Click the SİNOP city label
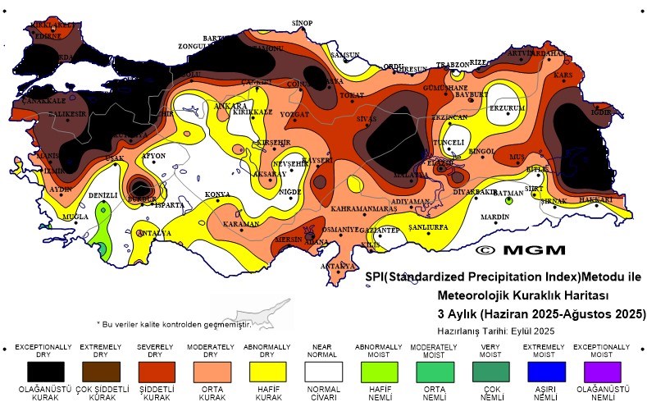[303, 22]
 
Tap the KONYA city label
[217, 194]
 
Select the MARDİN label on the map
[494, 217]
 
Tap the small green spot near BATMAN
[509, 200]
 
